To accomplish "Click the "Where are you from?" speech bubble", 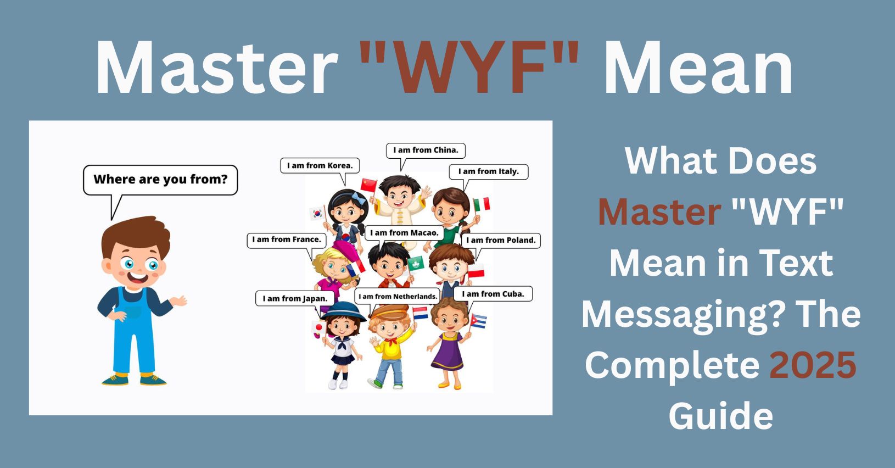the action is click(x=160, y=180).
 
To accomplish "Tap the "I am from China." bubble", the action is click(x=426, y=151).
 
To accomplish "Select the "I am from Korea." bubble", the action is click(x=320, y=165).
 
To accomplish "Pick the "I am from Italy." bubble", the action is click(x=488, y=172).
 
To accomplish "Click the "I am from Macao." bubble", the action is click(x=404, y=232).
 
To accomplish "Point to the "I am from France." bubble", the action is click(x=287, y=240).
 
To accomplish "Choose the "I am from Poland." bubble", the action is click(x=501, y=241).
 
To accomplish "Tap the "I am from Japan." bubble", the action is click(x=295, y=299).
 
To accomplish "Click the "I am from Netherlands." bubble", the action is click(x=398, y=297).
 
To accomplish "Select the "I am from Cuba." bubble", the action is click(x=493, y=294).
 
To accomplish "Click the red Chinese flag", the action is click(x=369, y=185).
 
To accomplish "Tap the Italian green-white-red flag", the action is click(x=482, y=204).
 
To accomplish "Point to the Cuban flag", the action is click(x=478, y=321).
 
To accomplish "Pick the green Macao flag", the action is click(x=415, y=263).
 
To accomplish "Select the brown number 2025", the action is click(x=813, y=365).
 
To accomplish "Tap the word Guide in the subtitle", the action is click(x=721, y=416).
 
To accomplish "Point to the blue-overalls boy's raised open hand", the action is click(x=178, y=300).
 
